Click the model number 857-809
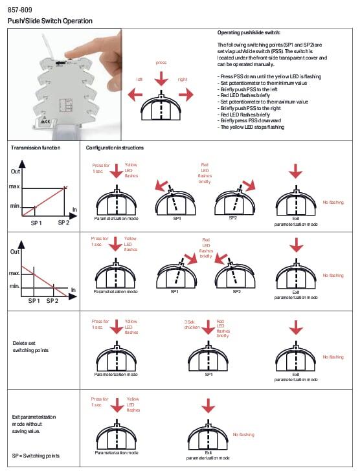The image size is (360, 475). pyautogui.click(x=19, y=10)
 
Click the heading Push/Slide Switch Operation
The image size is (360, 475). pyautogui.click(x=50, y=21)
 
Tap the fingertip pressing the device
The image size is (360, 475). pyautogui.click(x=71, y=54)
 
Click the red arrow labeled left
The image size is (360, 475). pyautogui.click(x=135, y=94)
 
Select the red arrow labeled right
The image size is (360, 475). pyautogui.click(x=186, y=94)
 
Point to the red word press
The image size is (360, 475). pyautogui.click(x=161, y=62)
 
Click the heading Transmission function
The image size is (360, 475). pyautogui.click(x=36, y=148)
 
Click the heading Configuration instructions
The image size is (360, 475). pyautogui.click(x=115, y=148)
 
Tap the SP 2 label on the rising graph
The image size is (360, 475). pyautogui.click(x=63, y=223)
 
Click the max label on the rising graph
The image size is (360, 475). pyautogui.click(x=14, y=186)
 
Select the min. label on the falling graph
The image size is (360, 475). pyautogui.click(x=14, y=286)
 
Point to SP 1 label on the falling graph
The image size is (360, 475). pyautogui.click(x=34, y=300)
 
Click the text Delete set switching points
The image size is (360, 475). pyautogui.click(x=30, y=347)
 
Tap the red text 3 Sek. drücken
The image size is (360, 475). pyautogui.click(x=192, y=324)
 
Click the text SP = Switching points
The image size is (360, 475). pyautogui.click(x=36, y=456)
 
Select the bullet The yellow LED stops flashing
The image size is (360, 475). pyautogui.click(x=251, y=127)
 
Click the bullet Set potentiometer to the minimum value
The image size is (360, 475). pyautogui.click(x=262, y=83)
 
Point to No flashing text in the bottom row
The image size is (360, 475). pyautogui.click(x=243, y=434)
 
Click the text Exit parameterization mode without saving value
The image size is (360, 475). pyautogui.click(x=34, y=424)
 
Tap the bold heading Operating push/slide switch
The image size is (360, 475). pyautogui.click(x=249, y=32)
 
